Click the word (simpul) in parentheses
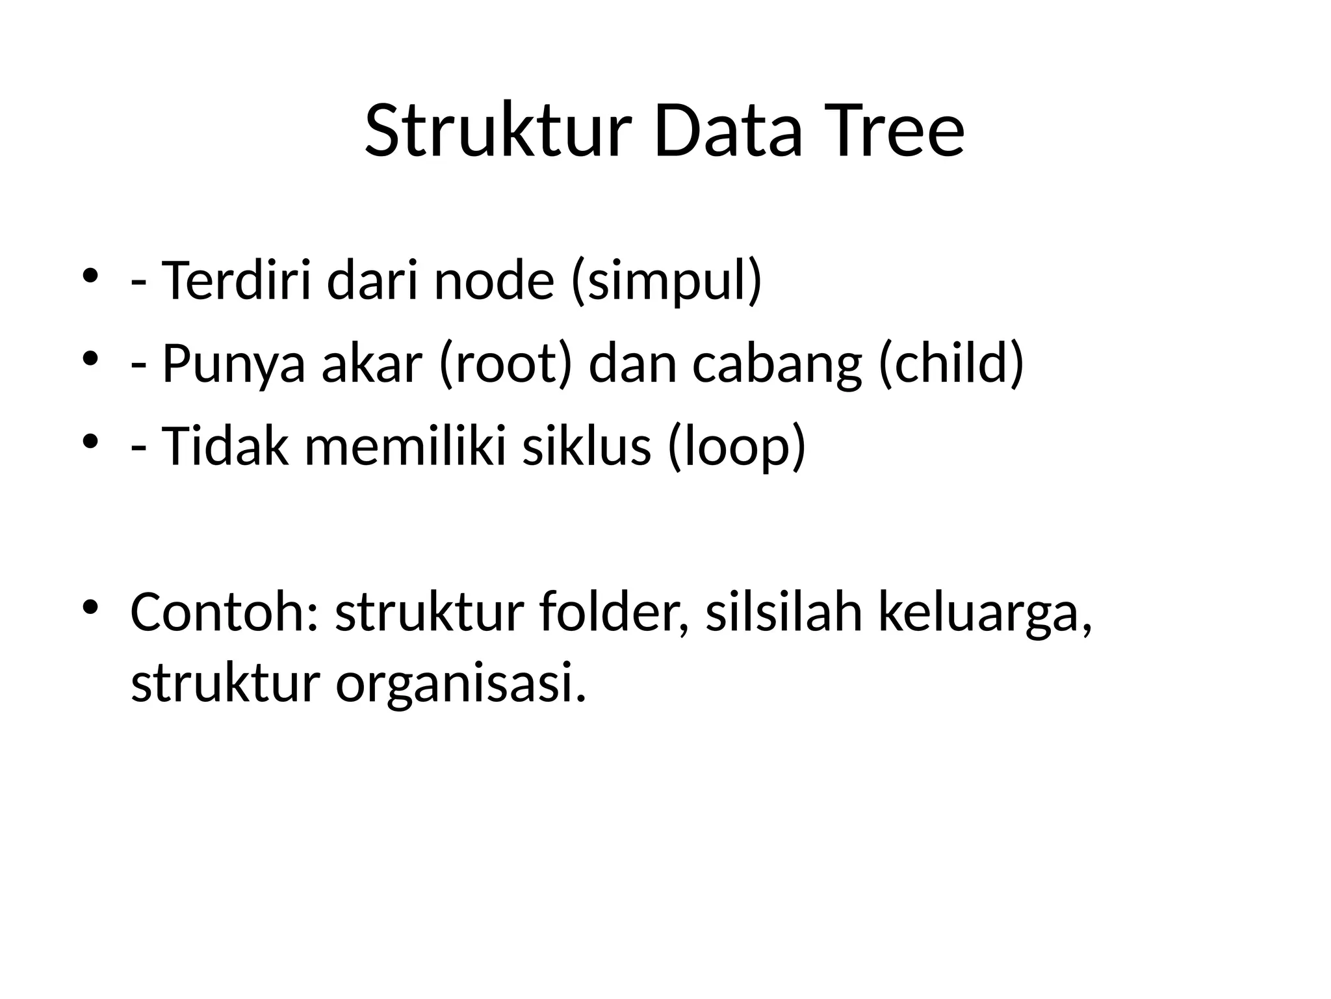pyautogui.click(x=666, y=281)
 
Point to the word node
pyautogui.click(x=494, y=281)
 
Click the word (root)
pyautogui.click(x=506, y=364)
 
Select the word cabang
pyautogui.click(x=777, y=364)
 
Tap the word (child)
pyautogui.click(x=951, y=364)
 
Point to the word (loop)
pyautogui.click(x=736, y=447)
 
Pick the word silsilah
pyautogui.click(x=784, y=612)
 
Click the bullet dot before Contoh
pyautogui.click(x=90, y=607)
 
